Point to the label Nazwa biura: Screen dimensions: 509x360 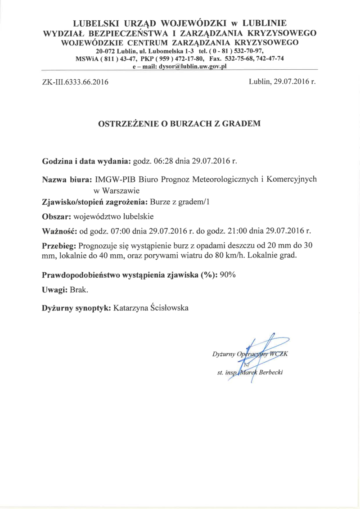pos(68,179)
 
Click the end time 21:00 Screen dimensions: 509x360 pos(236,231)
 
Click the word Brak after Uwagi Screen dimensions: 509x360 pos(79,290)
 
